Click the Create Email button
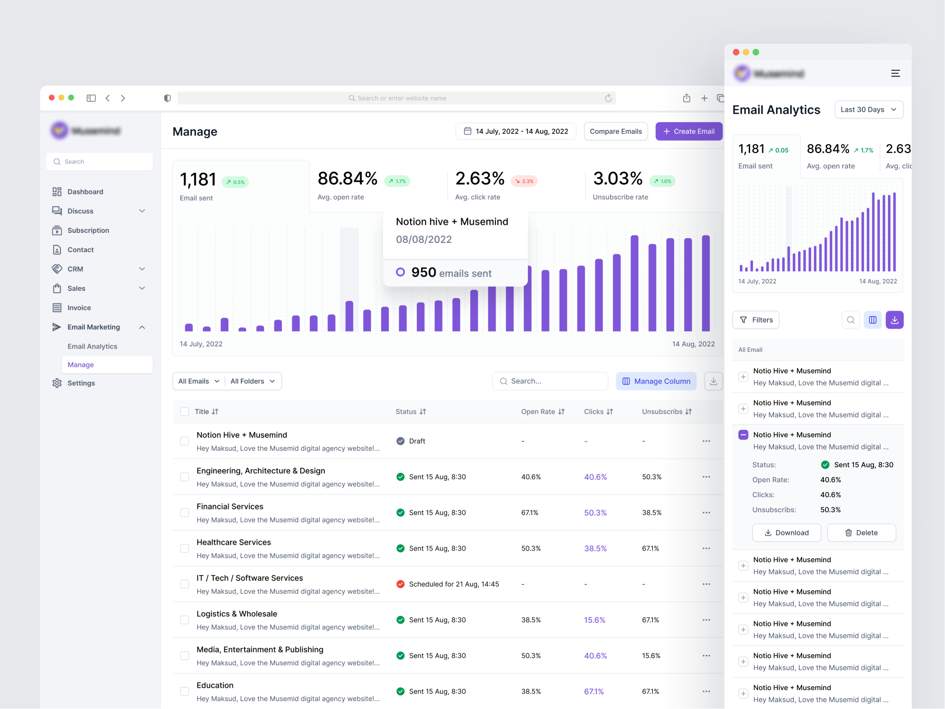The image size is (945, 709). pos(688,131)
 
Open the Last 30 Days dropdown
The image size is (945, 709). pos(868,109)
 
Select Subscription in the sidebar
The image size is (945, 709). pos(88,230)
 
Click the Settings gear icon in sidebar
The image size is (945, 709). pos(57,383)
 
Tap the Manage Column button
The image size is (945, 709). pos(656,381)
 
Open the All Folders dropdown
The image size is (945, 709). pos(252,381)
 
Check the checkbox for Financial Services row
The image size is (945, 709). pos(184,513)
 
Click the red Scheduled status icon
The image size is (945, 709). pos(400,584)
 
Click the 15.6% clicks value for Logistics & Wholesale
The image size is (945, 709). pos(594,620)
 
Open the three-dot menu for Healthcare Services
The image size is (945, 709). pos(706,548)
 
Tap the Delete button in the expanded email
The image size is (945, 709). pos(861,533)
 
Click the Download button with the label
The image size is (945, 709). pos(786,533)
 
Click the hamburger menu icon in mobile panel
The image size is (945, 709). pos(895,74)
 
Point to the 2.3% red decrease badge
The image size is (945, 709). pos(524,181)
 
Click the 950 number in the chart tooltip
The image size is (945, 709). pos(423,272)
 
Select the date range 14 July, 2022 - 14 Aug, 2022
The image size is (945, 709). pos(516,131)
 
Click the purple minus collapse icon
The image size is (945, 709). pos(743,435)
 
